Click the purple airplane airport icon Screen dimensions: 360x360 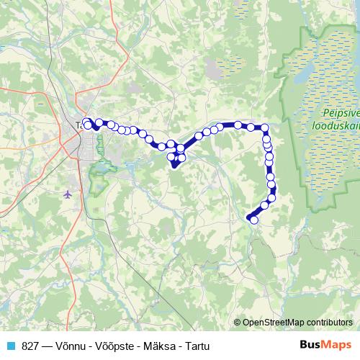(68, 194)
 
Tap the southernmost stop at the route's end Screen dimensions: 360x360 (253, 220)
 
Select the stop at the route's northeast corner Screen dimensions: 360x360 (265, 128)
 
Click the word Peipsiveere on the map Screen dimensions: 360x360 (339, 113)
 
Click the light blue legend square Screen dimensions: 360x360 (10, 346)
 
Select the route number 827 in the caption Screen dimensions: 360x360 (30, 346)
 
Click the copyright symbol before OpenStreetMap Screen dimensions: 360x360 (238, 323)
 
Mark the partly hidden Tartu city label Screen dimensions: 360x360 (78, 125)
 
